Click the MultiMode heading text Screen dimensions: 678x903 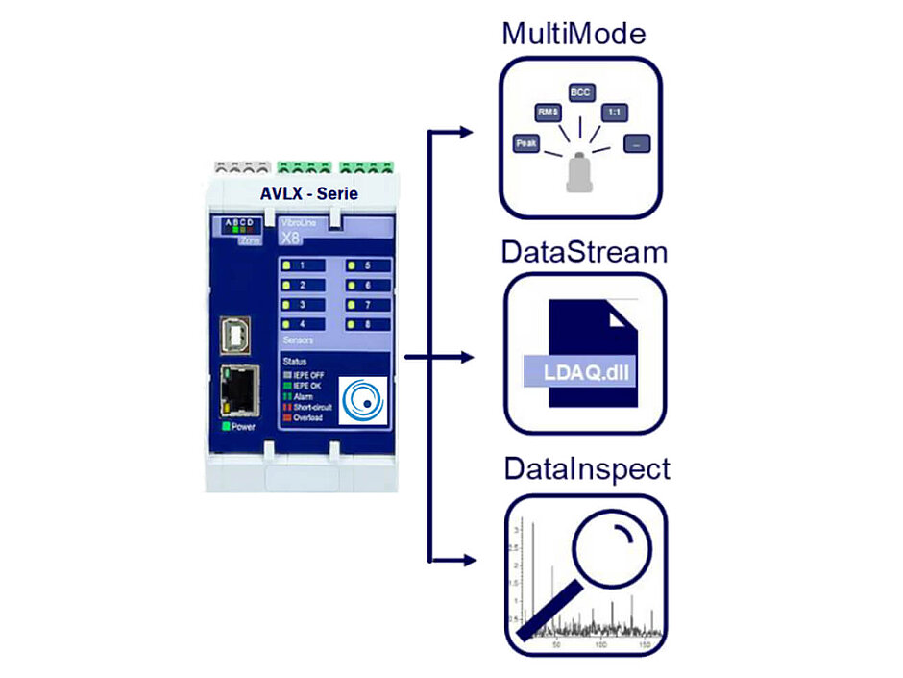pos(574,36)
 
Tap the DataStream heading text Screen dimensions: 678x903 pos(583,253)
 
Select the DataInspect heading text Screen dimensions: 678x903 pos(587,470)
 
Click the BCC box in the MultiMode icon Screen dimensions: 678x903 pos(580,92)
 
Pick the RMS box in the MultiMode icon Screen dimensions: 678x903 pos(549,113)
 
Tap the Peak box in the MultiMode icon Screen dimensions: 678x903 pos(526,142)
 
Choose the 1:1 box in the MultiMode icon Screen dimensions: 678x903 pos(612,113)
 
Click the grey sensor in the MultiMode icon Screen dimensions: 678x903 pos(580,172)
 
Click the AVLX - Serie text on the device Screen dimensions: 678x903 pos(308,193)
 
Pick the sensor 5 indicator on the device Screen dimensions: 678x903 pos(352,265)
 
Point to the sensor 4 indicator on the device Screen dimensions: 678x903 pos(285,324)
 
